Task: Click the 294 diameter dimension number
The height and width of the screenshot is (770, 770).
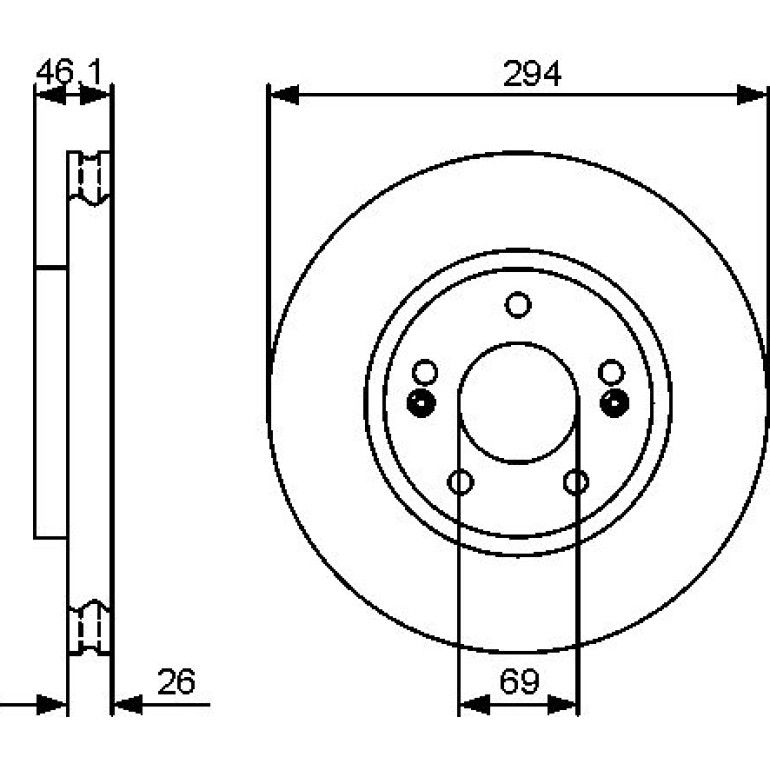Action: tap(532, 74)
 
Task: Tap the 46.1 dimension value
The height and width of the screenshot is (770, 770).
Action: tap(69, 72)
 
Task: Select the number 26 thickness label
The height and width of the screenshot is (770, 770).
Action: tap(176, 682)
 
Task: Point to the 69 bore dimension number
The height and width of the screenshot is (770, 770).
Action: tap(519, 682)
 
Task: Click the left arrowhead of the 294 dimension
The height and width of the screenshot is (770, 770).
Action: tap(284, 95)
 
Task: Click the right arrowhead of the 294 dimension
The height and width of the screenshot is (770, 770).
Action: tap(752, 95)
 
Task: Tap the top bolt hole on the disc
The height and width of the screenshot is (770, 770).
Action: tap(518, 304)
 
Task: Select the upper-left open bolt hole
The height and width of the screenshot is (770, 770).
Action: tap(425, 372)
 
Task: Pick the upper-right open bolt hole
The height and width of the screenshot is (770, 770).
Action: tap(611, 372)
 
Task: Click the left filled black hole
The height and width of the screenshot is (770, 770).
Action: tap(421, 403)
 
